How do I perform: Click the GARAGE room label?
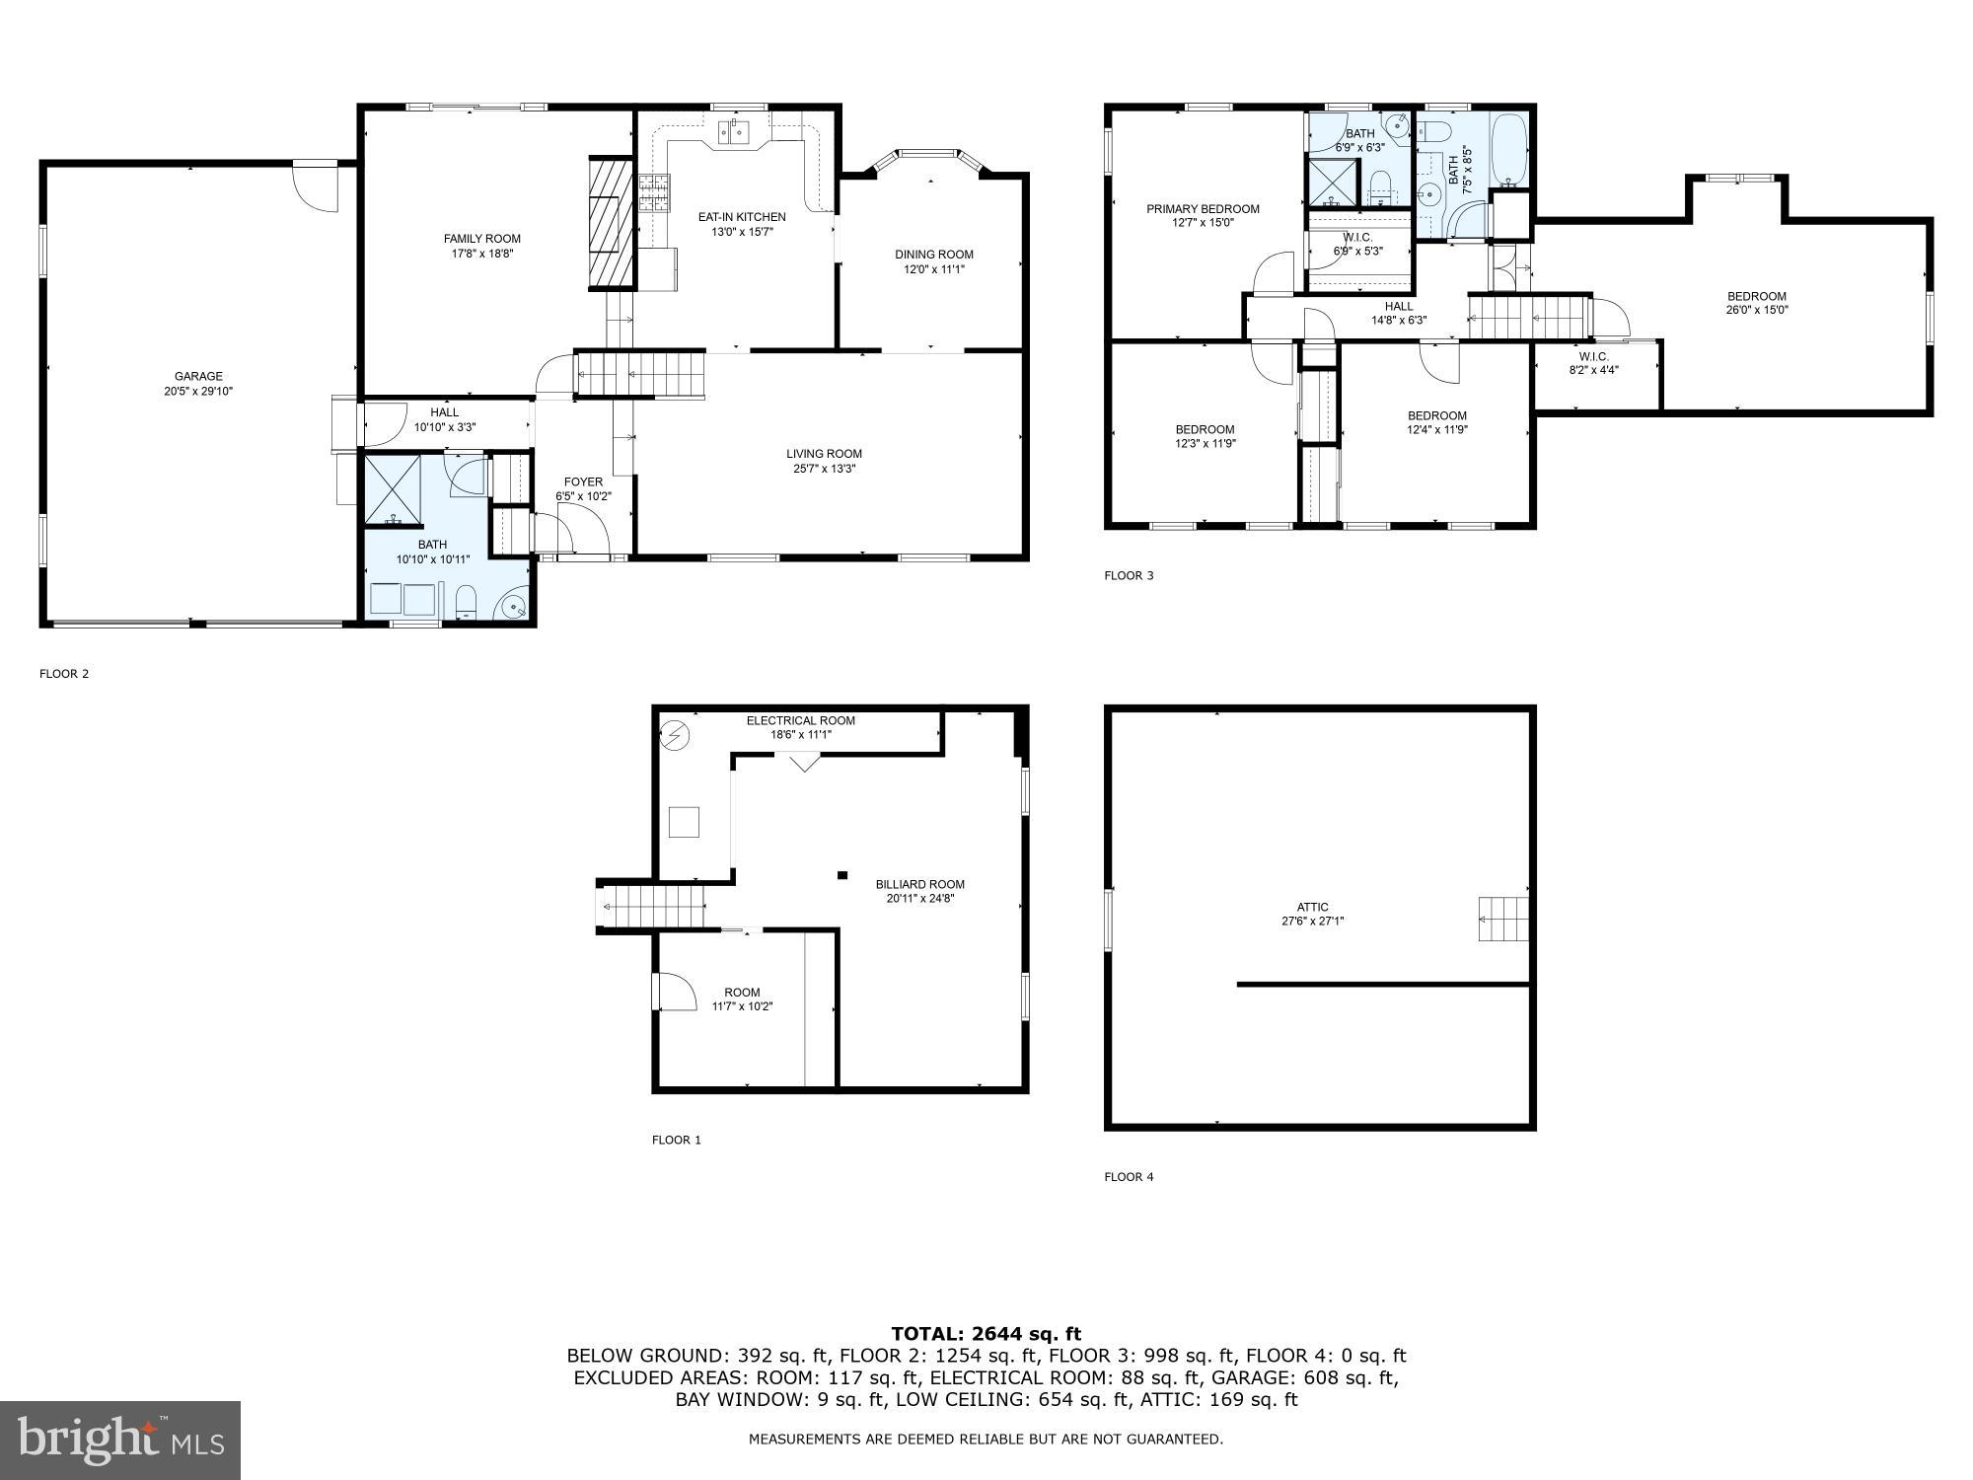(x=198, y=376)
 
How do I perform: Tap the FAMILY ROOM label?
(x=481, y=239)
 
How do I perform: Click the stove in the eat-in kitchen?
(x=653, y=193)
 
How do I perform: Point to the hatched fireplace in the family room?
(x=610, y=223)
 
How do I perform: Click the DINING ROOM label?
(x=934, y=255)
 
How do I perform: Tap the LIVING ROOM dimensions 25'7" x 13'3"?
(x=824, y=469)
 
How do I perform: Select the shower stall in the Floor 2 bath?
(x=394, y=489)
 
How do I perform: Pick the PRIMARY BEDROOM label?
(x=1203, y=209)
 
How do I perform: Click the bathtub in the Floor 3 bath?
(x=1507, y=151)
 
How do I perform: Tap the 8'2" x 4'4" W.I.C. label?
(x=1594, y=363)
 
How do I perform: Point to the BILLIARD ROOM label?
(x=919, y=884)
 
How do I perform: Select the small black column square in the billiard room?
(x=841, y=874)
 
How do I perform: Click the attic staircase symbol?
(x=1502, y=919)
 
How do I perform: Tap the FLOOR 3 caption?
(x=1128, y=575)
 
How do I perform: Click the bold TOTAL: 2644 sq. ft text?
(x=986, y=1334)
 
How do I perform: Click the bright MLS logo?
(x=120, y=1440)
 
